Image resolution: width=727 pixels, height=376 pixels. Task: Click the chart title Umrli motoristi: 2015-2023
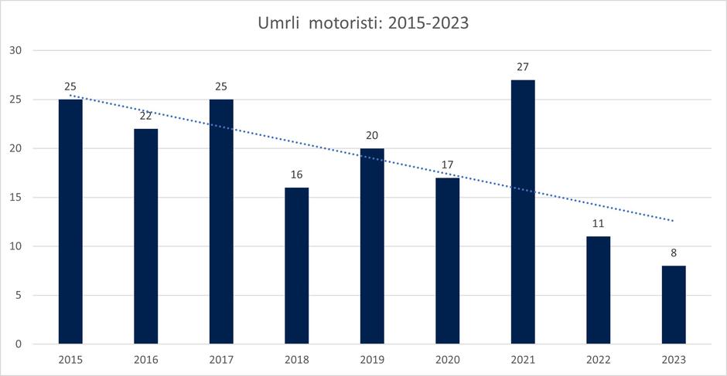363,23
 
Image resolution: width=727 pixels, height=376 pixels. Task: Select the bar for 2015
70,224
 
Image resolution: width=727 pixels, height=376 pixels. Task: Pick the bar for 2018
297,266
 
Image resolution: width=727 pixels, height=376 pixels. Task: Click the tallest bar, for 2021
523,212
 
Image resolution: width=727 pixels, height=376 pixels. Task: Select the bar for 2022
599,290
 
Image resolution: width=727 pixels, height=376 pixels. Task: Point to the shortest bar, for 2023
674,305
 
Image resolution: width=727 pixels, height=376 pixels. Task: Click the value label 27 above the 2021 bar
523,67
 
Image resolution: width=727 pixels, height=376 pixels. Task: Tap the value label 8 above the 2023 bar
674,253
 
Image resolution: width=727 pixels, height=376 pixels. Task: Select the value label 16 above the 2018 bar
297,174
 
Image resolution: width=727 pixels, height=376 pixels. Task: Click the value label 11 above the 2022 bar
599,224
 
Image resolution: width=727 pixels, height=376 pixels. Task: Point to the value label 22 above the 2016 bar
146,116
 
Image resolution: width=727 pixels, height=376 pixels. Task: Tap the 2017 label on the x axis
221,359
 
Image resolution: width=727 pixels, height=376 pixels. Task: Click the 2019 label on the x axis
372,359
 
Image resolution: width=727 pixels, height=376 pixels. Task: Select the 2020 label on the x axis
448,359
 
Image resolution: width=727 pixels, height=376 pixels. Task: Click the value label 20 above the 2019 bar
372,136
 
